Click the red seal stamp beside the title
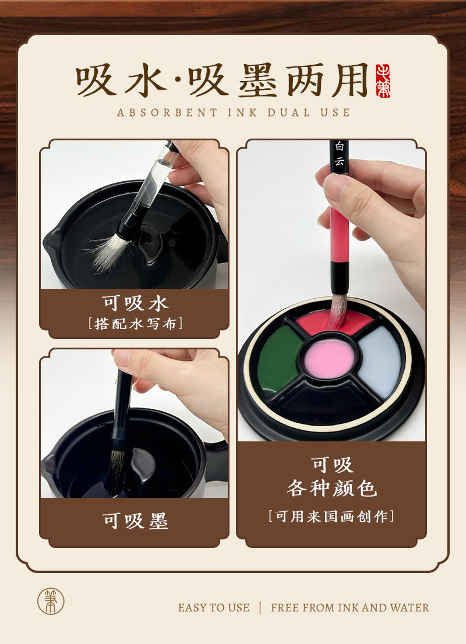(383, 80)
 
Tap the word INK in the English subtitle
(243, 112)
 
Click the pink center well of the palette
(329, 358)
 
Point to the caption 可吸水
(135, 303)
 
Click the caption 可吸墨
(135, 521)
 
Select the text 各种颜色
(331, 489)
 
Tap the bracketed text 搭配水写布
(135, 324)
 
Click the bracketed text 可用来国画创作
(331, 516)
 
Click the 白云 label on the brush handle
(339, 154)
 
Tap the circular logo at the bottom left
(51, 601)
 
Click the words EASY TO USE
(214, 607)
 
